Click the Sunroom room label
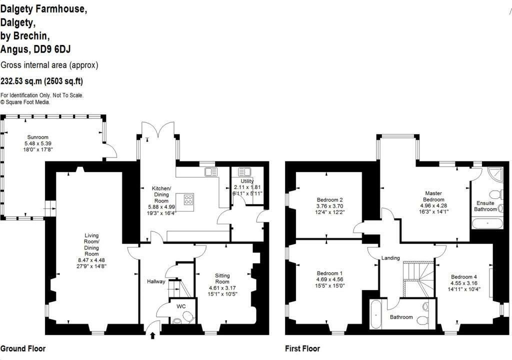[38, 137]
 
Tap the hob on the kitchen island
[188, 199]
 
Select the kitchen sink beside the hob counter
[211, 172]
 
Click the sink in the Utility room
[245, 172]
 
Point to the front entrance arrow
[152, 335]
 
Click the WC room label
[181, 306]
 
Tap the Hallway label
[156, 281]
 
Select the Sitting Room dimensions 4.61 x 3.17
[222, 288]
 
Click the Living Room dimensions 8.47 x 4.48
[91, 260]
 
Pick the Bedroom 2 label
[330, 199]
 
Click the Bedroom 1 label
[330, 273]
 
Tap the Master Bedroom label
[433, 196]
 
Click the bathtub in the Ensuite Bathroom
[487, 223]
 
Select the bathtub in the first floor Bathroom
[375, 314]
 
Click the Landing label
[390, 257]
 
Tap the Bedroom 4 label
[463, 276]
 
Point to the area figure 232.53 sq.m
[21, 81]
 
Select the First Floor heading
[302, 348]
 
